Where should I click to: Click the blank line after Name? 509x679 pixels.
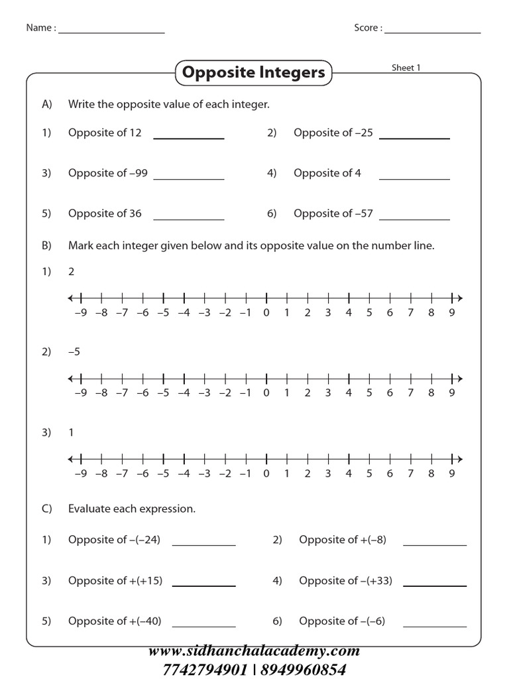(x=111, y=32)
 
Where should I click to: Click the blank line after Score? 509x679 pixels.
(x=432, y=32)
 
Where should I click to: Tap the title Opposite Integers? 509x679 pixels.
(x=254, y=72)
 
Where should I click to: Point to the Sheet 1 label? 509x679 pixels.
(x=406, y=68)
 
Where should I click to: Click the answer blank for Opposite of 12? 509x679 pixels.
(x=189, y=137)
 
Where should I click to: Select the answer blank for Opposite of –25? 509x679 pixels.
(x=414, y=137)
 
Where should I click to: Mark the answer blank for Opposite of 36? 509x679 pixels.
(x=189, y=219)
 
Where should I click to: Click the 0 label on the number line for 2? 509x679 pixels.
(x=266, y=313)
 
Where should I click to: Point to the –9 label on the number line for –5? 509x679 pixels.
(x=80, y=393)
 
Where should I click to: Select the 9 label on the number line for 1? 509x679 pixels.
(x=451, y=473)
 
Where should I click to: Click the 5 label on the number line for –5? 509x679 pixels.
(x=369, y=393)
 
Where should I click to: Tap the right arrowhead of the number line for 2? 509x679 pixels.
(x=459, y=297)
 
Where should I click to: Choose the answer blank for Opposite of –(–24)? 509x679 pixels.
(x=203, y=544)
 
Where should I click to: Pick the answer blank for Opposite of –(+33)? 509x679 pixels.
(x=435, y=586)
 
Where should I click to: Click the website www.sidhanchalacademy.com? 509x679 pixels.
(x=254, y=650)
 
